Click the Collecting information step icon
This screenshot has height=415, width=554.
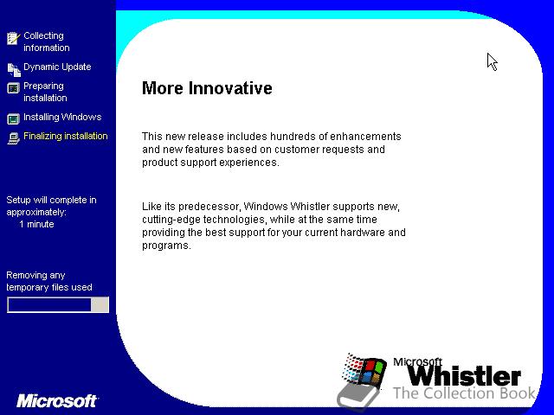[x=14, y=38]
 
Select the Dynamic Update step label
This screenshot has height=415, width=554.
[x=57, y=67]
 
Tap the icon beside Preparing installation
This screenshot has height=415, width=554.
[x=14, y=88]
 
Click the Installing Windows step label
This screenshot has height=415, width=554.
[x=62, y=117]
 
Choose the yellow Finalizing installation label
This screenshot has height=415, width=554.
[x=66, y=137]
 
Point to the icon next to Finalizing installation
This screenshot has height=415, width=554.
[x=14, y=138]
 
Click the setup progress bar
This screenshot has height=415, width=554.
[x=58, y=304]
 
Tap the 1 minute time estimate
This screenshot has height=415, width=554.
[x=36, y=224]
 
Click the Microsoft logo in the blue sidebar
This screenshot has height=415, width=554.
[x=56, y=401]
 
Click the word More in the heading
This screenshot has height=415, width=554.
[x=163, y=88]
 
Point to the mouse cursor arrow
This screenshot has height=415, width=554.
[x=493, y=62]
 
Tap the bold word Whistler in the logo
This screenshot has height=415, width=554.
[x=464, y=376]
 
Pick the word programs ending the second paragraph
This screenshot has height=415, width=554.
[x=166, y=246]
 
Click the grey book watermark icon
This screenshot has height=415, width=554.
[x=358, y=397]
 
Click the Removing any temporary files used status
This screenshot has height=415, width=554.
[x=49, y=281]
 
